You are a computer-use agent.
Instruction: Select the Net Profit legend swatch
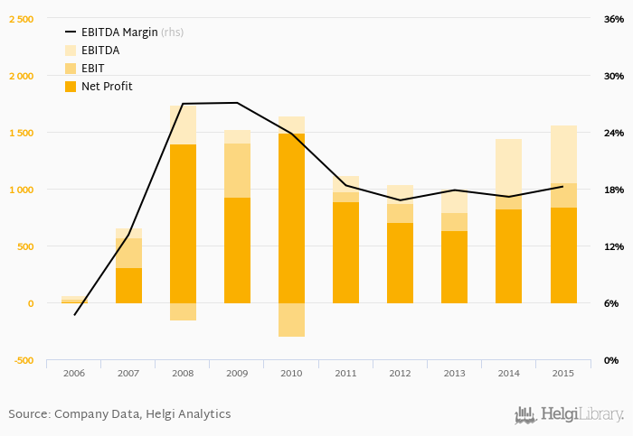pos(71,87)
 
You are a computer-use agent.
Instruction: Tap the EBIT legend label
pos(93,69)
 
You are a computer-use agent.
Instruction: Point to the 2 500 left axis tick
pos(21,19)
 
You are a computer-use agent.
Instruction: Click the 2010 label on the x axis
pos(291,372)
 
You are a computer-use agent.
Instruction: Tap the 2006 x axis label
pos(74,372)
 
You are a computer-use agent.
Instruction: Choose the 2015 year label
pos(562,372)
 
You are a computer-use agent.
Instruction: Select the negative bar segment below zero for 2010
pos(291,320)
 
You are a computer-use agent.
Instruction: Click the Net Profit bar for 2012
pos(400,263)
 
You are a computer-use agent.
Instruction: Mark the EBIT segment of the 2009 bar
pos(237,170)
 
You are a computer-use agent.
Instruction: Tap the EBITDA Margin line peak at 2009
pos(237,103)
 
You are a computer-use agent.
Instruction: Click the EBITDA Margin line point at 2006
pos(74,315)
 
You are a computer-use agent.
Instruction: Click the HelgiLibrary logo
pos(569,415)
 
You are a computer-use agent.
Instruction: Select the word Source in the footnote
pos(29,413)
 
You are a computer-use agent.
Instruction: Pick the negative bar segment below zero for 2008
pos(183,311)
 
